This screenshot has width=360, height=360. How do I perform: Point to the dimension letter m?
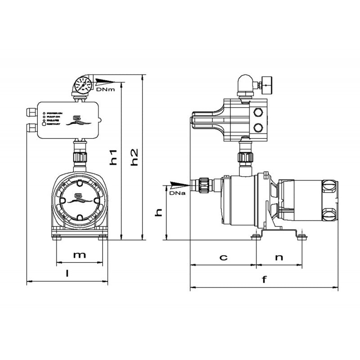79,255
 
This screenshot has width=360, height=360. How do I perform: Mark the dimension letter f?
264,279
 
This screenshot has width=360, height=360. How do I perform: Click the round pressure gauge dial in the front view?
83,84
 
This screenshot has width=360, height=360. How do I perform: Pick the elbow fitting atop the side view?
246,84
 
